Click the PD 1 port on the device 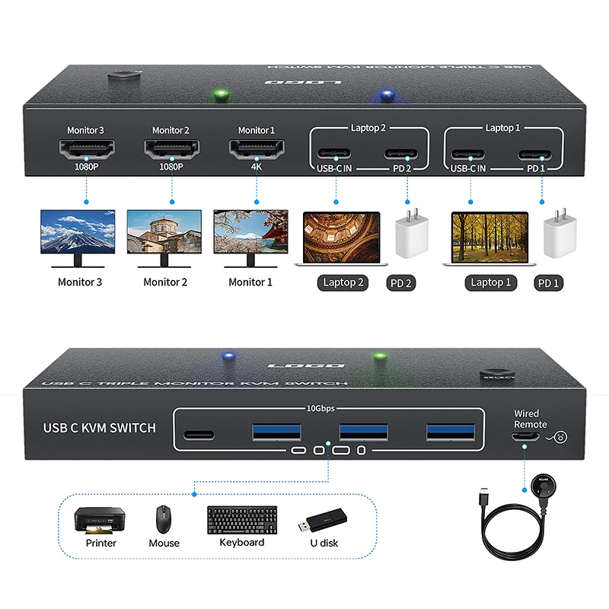pyautogui.click(x=542, y=155)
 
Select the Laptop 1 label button pyautogui.click(x=490, y=282)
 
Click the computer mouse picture pyautogui.click(x=164, y=520)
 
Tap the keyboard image pyautogui.click(x=241, y=521)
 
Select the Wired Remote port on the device pyautogui.click(x=525, y=436)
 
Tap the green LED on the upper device pyautogui.click(x=220, y=96)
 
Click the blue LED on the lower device pyautogui.click(x=226, y=356)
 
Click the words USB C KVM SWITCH pyautogui.click(x=100, y=428)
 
